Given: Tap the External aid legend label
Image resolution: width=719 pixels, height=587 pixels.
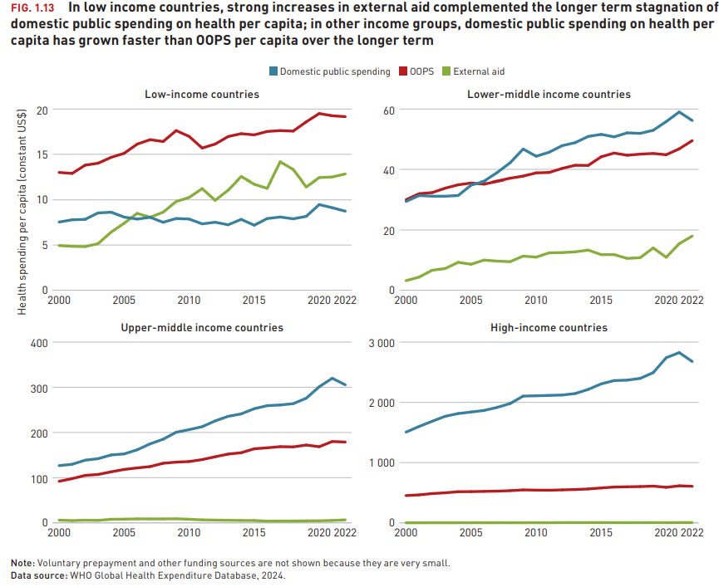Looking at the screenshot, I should (480, 71).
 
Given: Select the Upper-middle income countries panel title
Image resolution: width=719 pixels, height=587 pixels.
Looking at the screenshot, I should (202, 327).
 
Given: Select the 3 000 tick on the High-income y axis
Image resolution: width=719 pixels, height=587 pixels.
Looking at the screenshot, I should (382, 343).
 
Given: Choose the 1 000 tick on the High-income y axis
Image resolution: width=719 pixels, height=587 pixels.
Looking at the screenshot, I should (382, 463).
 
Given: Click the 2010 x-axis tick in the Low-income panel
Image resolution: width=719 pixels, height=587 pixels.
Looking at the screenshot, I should (190, 299).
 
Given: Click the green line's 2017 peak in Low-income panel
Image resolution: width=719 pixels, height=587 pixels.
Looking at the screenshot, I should (280, 161).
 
